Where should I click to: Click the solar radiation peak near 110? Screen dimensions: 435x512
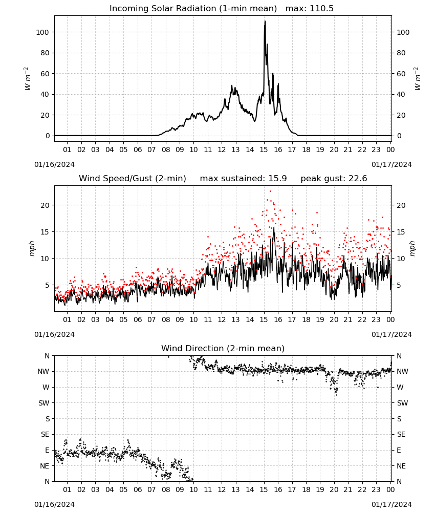tap(265, 22)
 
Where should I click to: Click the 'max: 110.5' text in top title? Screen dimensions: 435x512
tap(310, 9)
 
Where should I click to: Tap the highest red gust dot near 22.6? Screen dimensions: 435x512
tap(270, 191)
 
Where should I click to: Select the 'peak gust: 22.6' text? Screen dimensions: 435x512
tap(334, 179)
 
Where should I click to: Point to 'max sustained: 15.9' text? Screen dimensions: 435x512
tap(243, 179)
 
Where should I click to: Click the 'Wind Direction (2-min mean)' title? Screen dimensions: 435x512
tap(223, 348)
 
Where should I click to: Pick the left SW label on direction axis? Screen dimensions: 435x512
tap(43, 403)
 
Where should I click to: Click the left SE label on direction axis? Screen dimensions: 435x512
tap(45, 434)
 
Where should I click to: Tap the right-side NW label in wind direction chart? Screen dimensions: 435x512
tap(402, 372)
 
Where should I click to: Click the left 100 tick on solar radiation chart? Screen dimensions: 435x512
tap(43, 32)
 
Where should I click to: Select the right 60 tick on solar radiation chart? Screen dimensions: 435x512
tap(401, 74)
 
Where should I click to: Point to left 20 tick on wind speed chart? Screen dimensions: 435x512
tap(45, 205)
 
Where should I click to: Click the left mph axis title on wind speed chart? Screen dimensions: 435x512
tap(32, 248)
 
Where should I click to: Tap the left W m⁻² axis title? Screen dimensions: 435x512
tap(28, 79)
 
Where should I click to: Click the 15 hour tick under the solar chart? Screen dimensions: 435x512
tap(264, 150)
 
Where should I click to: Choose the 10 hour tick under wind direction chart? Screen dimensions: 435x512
tap(193, 489)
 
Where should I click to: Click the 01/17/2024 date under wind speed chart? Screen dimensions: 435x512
tap(391, 334)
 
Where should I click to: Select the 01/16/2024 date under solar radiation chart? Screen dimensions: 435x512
tap(54, 164)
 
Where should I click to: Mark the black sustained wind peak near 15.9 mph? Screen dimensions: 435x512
tap(274, 228)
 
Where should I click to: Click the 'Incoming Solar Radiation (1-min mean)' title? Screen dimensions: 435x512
tap(193, 9)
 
